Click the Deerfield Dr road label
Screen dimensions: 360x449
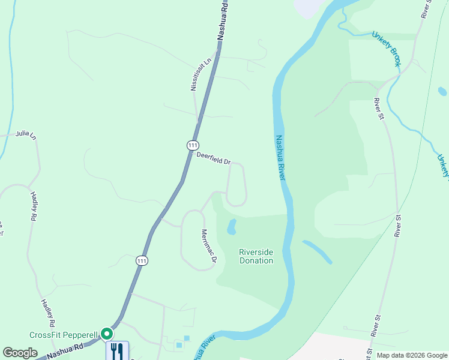[214, 158]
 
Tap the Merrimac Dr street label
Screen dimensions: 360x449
[208, 245]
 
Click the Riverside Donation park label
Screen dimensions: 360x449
[256, 256]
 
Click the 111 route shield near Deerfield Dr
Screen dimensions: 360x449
[192, 145]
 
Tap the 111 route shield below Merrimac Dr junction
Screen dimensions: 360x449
[141, 260]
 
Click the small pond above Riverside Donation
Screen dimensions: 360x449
[232, 227]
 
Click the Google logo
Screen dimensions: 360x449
[20, 353]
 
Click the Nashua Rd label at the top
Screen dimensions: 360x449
[223, 20]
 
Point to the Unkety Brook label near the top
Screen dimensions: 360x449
[385, 48]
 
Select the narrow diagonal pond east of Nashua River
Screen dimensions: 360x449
[317, 252]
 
